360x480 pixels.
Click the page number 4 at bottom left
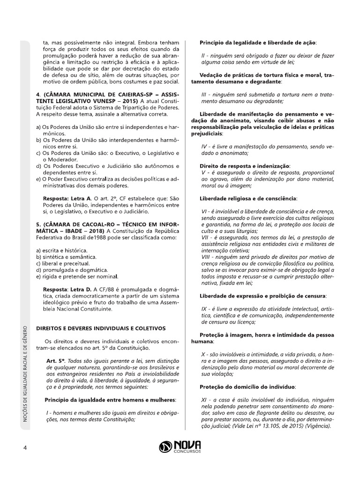[25, 447]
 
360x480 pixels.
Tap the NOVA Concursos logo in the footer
[180, 447]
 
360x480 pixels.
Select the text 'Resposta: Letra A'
[69, 199]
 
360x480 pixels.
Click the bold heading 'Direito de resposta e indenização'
[245, 166]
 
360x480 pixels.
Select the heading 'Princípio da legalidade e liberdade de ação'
[258, 43]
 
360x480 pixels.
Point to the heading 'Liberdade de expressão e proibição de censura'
[263, 296]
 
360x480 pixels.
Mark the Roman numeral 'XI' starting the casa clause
[203, 399]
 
